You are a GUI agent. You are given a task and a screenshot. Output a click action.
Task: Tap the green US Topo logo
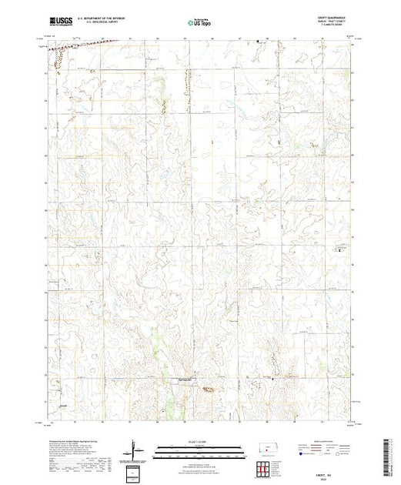200,23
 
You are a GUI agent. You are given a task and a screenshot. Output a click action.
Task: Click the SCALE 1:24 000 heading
200,442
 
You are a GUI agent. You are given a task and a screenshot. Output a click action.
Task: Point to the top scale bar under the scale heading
200,447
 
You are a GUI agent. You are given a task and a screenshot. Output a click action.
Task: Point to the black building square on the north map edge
258,39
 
